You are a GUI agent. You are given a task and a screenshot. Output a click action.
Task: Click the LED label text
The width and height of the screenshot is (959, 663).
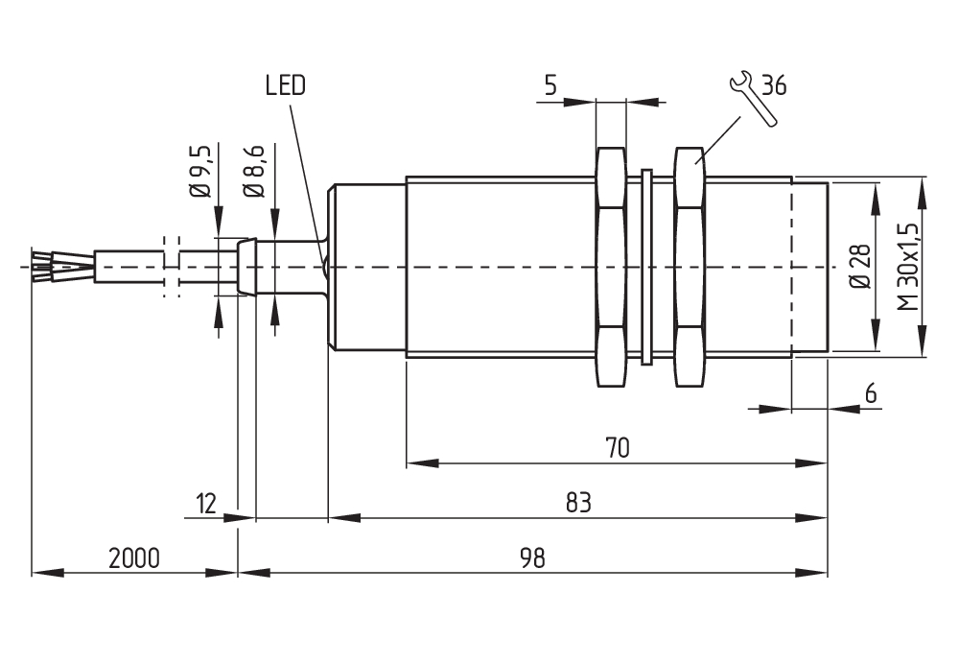(x=285, y=86)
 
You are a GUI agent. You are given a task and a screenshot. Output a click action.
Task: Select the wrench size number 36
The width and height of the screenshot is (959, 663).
(x=774, y=86)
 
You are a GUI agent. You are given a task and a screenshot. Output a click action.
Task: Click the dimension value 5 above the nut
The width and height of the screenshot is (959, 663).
(x=550, y=86)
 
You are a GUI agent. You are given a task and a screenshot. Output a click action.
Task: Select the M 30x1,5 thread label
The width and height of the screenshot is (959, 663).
(x=907, y=266)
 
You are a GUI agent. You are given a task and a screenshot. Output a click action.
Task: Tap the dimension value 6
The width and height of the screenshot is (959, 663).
(x=871, y=393)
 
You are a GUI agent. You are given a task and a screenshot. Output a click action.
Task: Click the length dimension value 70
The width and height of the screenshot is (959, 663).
(x=617, y=448)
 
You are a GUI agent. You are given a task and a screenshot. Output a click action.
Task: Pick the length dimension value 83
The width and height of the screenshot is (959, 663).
(x=578, y=502)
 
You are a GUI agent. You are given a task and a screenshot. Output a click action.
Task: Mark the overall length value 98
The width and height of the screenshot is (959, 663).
(x=532, y=557)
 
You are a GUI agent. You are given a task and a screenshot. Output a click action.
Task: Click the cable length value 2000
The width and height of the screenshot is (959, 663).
(x=133, y=557)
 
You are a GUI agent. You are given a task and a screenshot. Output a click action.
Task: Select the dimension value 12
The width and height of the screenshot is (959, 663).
(x=203, y=502)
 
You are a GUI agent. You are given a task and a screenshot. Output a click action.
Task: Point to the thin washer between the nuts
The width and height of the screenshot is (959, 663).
(x=646, y=267)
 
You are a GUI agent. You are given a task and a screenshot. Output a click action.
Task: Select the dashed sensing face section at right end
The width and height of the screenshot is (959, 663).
(x=809, y=267)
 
